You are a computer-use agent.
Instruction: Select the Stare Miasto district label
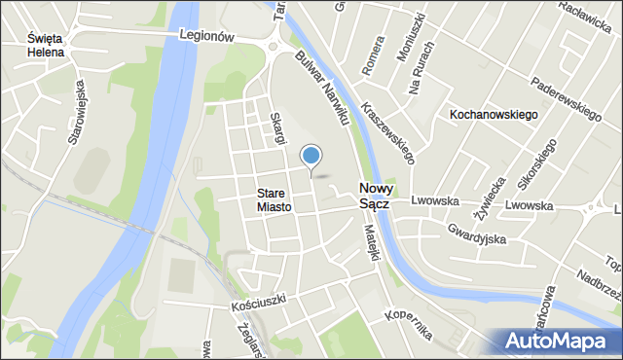click(x=275, y=199)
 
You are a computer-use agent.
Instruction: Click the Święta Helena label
click(x=46, y=45)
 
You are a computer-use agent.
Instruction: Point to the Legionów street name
click(x=208, y=35)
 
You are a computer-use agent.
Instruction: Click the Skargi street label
click(x=278, y=128)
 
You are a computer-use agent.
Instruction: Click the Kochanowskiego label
click(x=494, y=115)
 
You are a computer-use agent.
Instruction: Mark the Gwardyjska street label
click(x=478, y=234)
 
